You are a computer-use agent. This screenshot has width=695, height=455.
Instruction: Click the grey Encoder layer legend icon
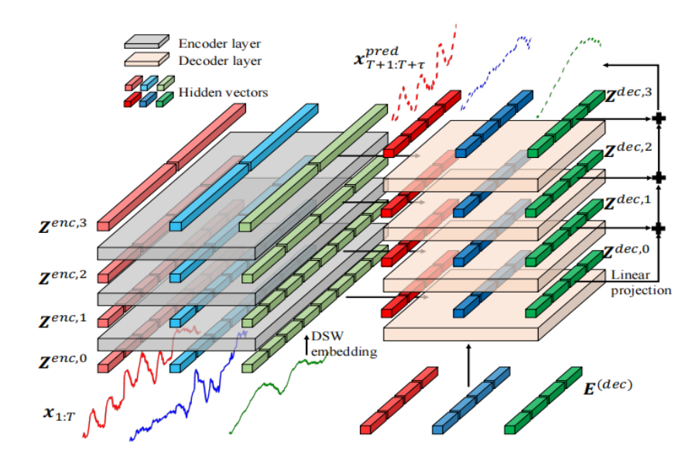pos(146,42)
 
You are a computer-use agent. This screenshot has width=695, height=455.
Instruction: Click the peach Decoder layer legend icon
pos(146,60)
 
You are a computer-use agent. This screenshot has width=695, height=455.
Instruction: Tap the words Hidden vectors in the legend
pos(223,93)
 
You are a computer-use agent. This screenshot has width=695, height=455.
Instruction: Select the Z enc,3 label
pos(63,226)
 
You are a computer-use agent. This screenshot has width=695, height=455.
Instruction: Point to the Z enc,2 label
pos(63,277)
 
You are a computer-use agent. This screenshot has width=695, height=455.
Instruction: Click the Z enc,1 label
pos(63,320)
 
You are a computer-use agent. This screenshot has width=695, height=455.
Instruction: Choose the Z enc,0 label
pos(63,361)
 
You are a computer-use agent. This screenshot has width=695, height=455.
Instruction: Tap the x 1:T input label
pos(59,414)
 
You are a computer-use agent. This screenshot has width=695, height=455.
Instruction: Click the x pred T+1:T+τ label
pos(389,58)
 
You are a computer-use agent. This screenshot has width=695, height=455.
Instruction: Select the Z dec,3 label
pos(628,95)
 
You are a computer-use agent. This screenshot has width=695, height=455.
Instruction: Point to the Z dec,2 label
pos(628,150)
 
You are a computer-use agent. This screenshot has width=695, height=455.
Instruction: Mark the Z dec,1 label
pos(628,202)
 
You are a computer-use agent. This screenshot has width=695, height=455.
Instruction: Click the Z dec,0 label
pos(627,252)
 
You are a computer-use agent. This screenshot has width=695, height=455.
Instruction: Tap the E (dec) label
pos(608,387)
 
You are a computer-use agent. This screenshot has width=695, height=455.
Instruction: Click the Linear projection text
pos(641,282)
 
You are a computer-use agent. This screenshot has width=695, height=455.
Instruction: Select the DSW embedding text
pos(344,344)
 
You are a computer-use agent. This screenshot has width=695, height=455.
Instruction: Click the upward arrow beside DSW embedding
pos(306,345)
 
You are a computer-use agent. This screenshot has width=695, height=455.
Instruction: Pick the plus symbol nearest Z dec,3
pos(659,118)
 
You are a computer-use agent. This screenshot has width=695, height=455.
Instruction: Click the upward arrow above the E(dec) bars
pos(468,365)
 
